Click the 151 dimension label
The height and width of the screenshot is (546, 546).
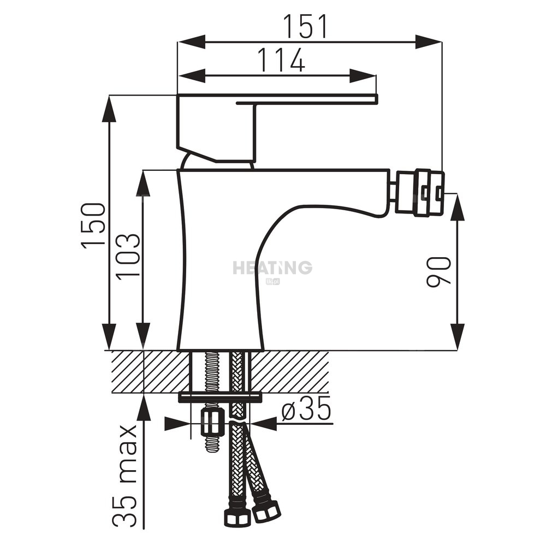coord(305,26)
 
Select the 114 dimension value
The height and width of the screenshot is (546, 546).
coord(281,60)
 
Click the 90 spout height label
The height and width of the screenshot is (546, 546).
coord(439,272)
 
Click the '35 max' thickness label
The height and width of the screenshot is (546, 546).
coord(124,476)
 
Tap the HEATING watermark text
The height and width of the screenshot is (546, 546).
coord(272,268)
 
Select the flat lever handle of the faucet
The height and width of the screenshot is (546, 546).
coord(277,99)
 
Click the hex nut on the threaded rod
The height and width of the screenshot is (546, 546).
coord(212,424)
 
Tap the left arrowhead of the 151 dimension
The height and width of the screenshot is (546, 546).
coord(191,42)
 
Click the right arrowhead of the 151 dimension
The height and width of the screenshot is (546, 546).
coord(429,42)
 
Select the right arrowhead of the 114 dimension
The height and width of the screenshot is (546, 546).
coord(363,75)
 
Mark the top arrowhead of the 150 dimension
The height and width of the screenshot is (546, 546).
coord(109,108)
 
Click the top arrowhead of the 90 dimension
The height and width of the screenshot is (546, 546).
coord(457,207)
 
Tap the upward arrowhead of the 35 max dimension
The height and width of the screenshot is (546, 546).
coord(144,407)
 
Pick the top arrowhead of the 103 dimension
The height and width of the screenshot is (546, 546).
coord(143,183)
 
